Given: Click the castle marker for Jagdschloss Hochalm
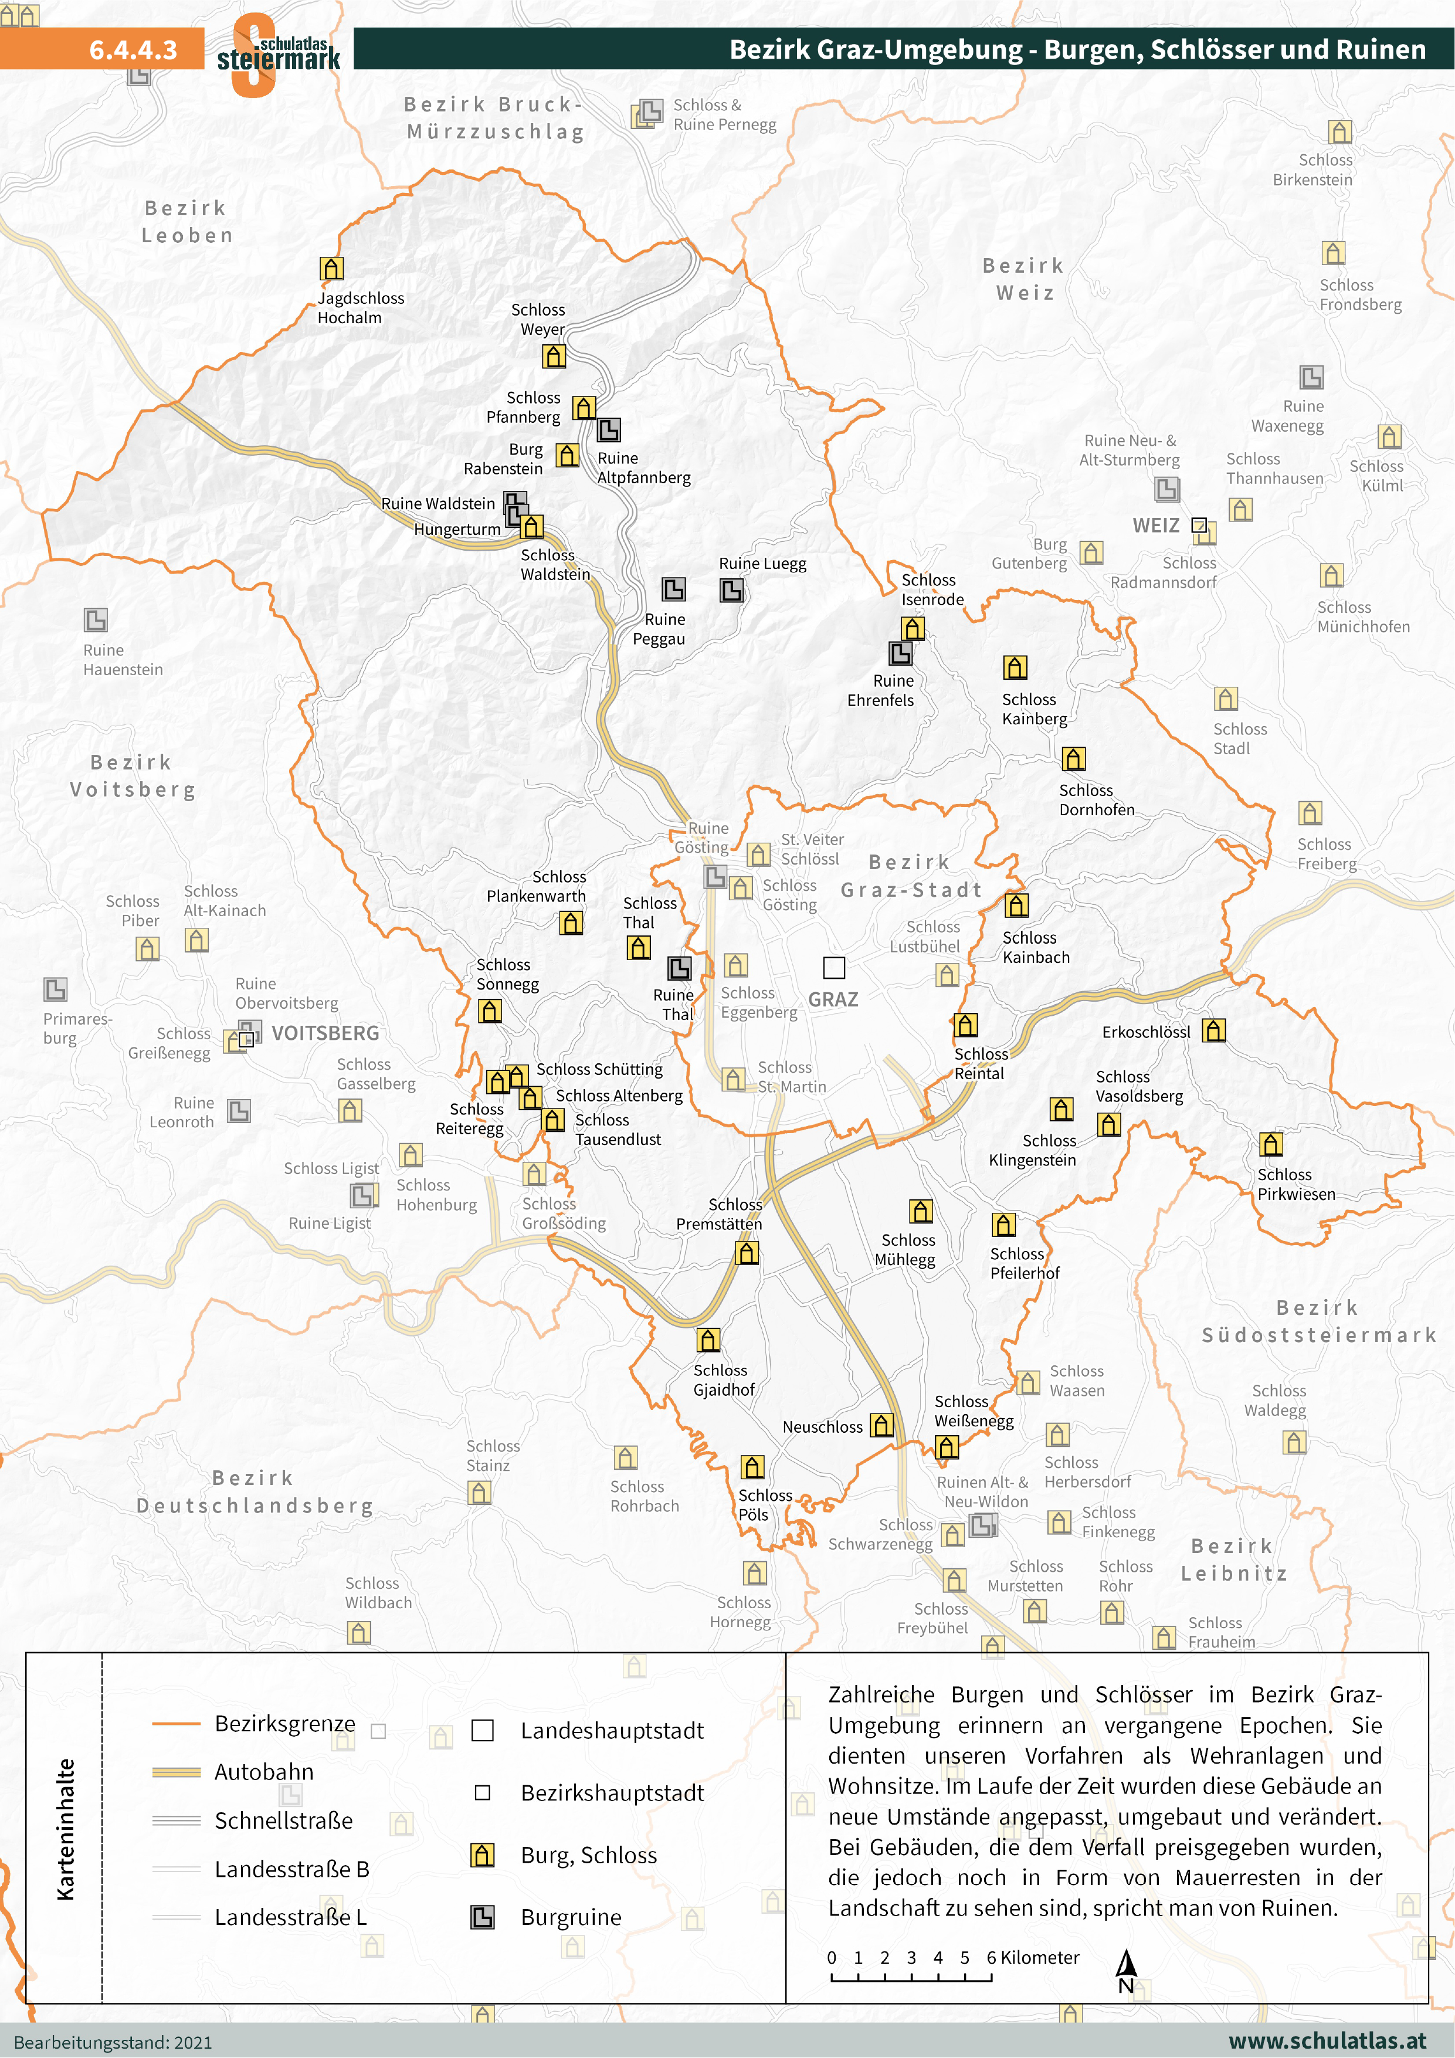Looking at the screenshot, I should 332,268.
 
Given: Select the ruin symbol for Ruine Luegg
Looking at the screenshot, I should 731,590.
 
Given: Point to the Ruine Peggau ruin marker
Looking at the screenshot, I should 673,589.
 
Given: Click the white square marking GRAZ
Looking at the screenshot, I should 834,967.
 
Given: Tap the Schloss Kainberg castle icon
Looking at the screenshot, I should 1015,667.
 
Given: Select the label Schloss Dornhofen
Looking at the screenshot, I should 1096,799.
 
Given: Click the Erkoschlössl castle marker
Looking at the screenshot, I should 1214,1030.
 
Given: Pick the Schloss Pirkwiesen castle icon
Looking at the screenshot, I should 1270,1144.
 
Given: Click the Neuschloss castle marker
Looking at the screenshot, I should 882,1424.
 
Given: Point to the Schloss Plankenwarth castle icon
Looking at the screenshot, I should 571,923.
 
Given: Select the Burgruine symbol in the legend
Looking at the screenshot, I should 482,1917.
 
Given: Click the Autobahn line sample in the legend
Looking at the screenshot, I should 177,1772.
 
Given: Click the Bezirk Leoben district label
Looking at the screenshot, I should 187,221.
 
